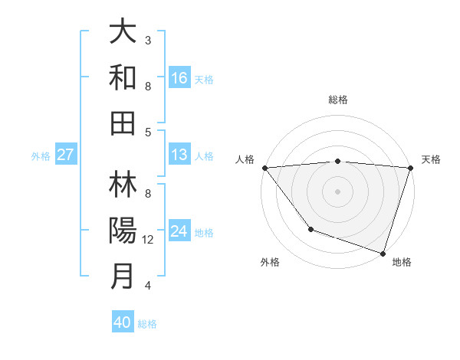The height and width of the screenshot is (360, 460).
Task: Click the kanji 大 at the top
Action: tap(123, 32)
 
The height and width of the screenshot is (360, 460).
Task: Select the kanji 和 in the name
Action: tap(123, 77)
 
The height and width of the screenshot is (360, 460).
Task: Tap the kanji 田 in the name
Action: tap(123, 123)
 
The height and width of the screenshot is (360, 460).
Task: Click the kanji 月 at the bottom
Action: tap(123, 276)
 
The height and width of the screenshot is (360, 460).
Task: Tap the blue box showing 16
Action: tap(179, 77)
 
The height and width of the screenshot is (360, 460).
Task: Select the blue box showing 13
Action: tap(179, 155)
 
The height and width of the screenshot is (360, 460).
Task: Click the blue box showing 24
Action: tap(179, 231)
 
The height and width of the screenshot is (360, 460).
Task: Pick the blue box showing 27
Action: tap(65, 155)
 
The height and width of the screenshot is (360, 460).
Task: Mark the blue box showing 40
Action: tap(123, 322)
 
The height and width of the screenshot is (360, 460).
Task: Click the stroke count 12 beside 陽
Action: tap(149, 240)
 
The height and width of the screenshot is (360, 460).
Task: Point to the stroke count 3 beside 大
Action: tap(148, 40)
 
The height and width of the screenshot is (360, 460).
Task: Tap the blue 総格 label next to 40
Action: tap(147, 324)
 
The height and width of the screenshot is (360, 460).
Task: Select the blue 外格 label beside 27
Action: tap(41, 156)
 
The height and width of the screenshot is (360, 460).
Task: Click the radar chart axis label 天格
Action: tap(431, 159)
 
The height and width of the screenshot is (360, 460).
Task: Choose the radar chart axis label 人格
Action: tap(245, 159)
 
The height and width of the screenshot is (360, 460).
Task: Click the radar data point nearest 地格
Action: tap(383, 253)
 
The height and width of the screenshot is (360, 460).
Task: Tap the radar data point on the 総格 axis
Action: tap(337, 161)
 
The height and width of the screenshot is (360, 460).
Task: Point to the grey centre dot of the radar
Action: tap(337, 191)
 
